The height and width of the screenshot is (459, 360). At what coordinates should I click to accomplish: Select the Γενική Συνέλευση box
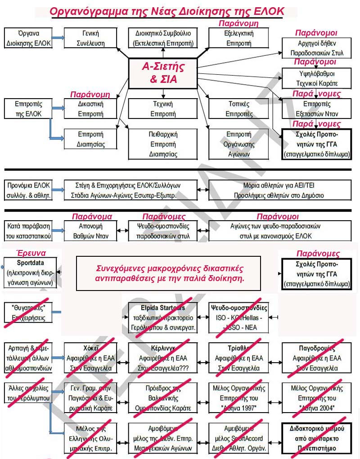tap(90, 38)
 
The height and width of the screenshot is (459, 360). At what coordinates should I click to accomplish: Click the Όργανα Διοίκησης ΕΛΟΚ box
tap(28, 38)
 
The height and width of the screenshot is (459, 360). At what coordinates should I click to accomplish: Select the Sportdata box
tap(30, 273)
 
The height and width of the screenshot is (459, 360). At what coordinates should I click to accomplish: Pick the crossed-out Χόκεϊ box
tap(90, 358)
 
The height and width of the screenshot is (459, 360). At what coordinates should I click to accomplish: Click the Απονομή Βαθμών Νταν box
tap(90, 231)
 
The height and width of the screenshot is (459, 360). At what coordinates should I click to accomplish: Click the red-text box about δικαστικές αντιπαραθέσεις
tap(169, 273)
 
